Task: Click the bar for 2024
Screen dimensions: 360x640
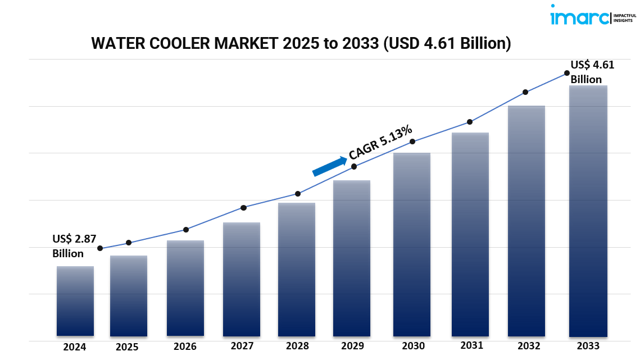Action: (x=75, y=301)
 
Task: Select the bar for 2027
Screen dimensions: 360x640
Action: (x=241, y=279)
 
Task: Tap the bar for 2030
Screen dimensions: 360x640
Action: (x=412, y=244)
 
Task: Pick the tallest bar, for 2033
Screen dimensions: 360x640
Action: (x=588, y=211)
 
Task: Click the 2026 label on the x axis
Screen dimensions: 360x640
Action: (x=185, y=347)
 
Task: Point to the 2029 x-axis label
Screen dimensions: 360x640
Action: (x=352, y=346)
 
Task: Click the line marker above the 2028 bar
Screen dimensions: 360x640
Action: (x=298, y=194)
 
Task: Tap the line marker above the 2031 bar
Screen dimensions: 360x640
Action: (x=469, y=122)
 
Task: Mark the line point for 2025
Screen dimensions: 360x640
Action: (x=129, y=243)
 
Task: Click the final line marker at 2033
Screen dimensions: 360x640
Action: (x=566, y=73)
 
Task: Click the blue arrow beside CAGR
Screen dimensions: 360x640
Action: (x=330, y=166)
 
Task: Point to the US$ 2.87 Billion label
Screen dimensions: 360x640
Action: (x=74, y=245)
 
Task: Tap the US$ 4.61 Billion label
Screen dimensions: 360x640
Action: (x=592, y=72)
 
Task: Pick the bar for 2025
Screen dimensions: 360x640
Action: (x=129, y=296)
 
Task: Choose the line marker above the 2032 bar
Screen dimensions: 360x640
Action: (x=525, y=92)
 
